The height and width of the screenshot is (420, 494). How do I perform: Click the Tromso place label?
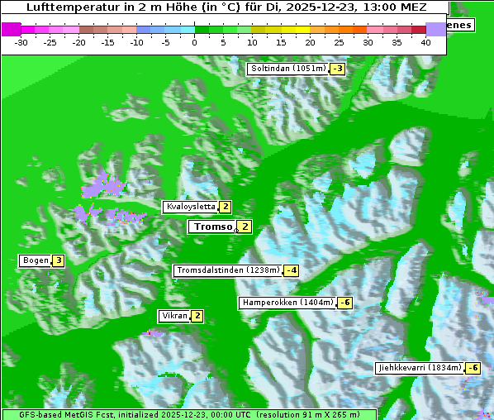point(211,227)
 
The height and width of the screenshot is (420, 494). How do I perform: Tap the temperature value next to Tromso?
point(245,227)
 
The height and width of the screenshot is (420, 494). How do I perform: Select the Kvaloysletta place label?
point(190,207)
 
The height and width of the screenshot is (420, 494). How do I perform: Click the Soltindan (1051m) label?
point(287,69)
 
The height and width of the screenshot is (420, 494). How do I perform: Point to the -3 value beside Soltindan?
point(337,69)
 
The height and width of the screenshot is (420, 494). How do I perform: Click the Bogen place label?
point(36,260)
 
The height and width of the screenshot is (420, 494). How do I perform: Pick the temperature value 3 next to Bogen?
point(59,260)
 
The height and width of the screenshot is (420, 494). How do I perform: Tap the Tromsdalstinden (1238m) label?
point(227,270)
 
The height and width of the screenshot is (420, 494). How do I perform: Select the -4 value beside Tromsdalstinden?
point(290,270)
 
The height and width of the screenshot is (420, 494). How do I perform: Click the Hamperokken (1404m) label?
point(287,303)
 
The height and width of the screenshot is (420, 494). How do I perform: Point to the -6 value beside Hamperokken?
point(345,303)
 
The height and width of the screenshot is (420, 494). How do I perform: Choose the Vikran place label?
point(174,316)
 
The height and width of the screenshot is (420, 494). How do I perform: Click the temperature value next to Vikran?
point(197,316)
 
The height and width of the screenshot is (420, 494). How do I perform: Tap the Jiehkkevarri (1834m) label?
point(419,367)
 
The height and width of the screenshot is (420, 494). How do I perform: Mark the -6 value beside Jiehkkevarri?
point(473,367)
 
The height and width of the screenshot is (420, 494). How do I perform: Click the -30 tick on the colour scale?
point(21,41)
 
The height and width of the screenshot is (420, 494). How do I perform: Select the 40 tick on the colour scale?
point(425,41)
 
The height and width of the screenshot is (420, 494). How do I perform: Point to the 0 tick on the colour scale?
point(195,41)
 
